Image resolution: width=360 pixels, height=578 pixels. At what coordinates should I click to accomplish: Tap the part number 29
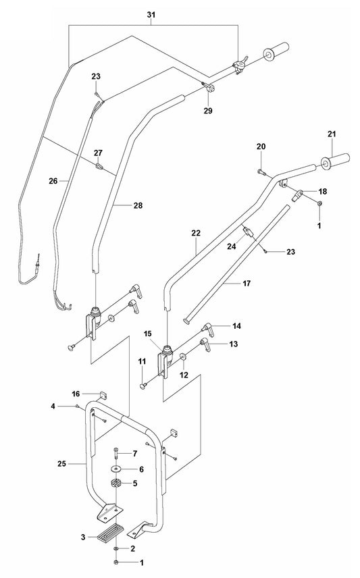[188, 109]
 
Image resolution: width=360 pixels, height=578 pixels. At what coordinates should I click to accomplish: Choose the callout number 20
[261, 147]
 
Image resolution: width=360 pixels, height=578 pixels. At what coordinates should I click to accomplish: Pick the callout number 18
[322, 192]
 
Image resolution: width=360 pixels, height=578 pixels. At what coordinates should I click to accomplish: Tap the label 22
[197, 233]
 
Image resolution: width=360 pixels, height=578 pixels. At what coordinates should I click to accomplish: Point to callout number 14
[236, 326]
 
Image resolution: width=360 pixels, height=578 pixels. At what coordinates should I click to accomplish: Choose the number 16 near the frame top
[76, 393]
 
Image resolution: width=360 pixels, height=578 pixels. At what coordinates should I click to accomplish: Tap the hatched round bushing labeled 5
[115, 483]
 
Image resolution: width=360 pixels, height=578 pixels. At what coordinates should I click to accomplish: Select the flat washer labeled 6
[117, 469]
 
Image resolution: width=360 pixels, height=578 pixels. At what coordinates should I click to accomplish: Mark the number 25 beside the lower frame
[62, 463]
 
